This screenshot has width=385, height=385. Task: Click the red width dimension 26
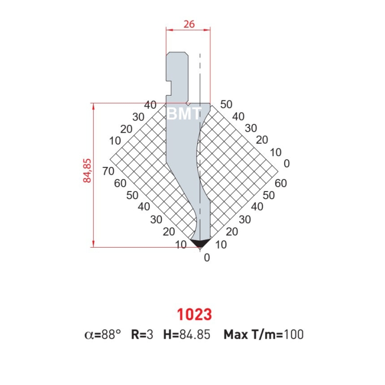pos(189,24)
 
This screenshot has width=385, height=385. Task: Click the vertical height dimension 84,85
pos(87,171)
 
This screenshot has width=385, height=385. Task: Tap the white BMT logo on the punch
pos(184,114)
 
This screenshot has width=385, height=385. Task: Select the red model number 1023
pos(194,315)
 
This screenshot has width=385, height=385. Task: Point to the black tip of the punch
pos(200,243)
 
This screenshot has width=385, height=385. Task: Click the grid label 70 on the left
pos(108,171)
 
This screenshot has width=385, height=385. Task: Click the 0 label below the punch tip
pos(207,258)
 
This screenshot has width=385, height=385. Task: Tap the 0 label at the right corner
pos(287,163)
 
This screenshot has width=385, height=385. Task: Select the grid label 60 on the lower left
pos(120,183)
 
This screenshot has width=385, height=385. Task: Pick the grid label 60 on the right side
pos(281,183)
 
